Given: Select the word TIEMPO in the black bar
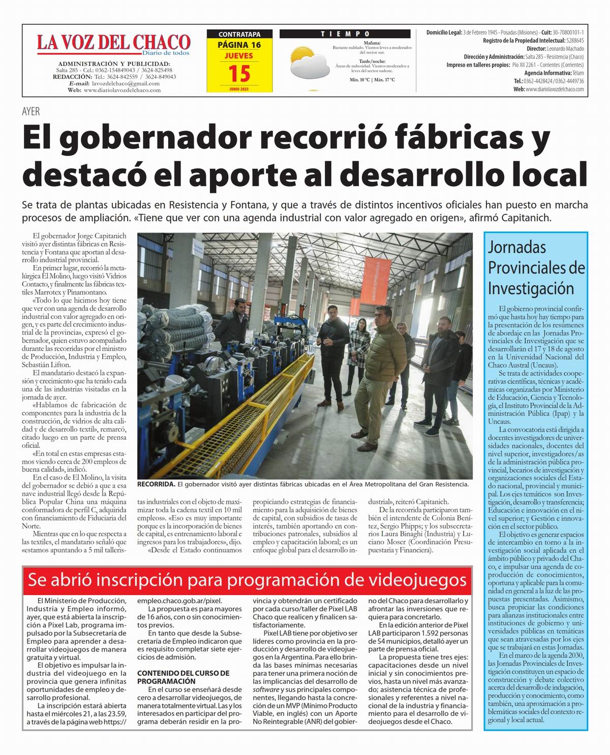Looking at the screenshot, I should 345,34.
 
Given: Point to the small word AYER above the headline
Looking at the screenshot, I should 30,112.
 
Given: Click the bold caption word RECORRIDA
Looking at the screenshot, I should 156,484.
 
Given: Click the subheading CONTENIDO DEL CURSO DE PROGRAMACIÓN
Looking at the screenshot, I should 183,677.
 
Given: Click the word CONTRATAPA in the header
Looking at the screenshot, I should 239,35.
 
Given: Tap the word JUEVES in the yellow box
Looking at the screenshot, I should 239,55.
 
